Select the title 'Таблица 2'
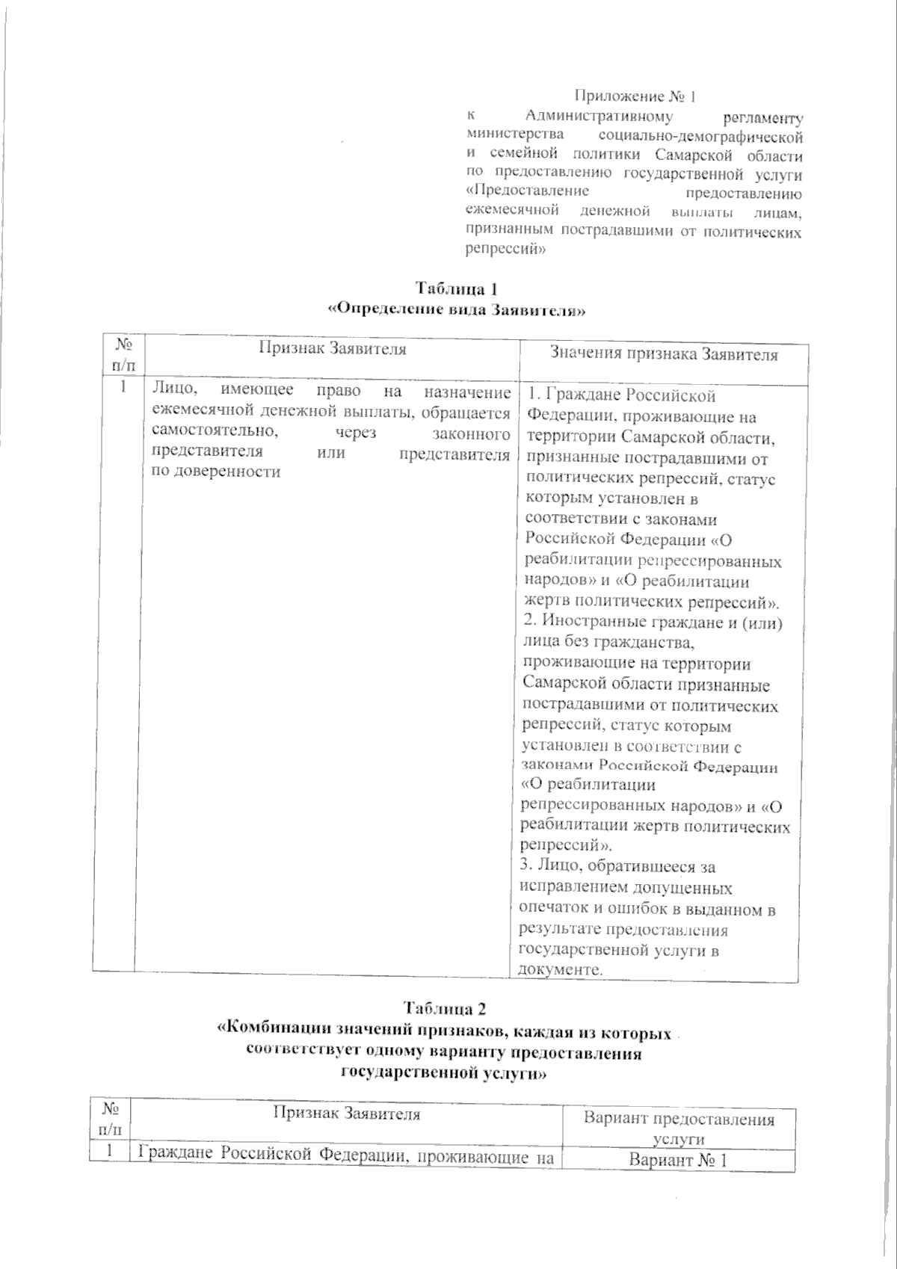click(x=446, y=1008)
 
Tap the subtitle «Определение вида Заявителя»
click(x=456, y=309)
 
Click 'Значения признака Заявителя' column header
click(x=664, y=354)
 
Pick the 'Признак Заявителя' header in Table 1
click(x=333, y=348)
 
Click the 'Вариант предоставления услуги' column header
click(x=678, y=1128)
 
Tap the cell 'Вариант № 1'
click(x=678, y=1161)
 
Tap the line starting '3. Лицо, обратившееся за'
click(x=617, y=867)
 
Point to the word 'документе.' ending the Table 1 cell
click(x=560, y=970)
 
